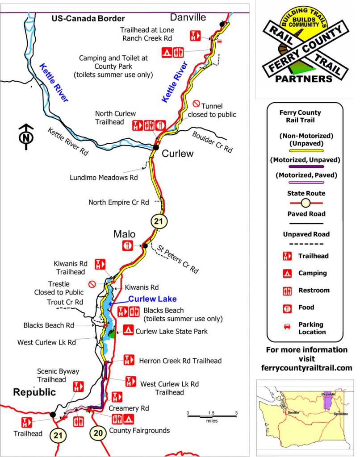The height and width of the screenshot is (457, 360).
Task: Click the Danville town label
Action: [x=188, y=17]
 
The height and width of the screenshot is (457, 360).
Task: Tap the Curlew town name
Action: [x=177, y=154]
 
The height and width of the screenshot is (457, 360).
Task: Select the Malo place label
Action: [x=124, y=234]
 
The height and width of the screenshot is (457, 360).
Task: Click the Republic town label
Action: [x=34, y=392]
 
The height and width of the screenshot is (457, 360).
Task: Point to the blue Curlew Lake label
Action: [x=152, y=299]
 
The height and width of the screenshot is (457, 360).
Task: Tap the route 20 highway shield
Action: [x=98, y=432]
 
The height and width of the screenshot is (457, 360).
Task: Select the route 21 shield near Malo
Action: [x=159, y=221]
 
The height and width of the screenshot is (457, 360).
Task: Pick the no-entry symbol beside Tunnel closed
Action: [x=196, y=104]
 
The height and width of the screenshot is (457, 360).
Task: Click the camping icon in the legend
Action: [x=284, y=273]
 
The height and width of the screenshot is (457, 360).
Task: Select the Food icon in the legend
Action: [x=284, y=307]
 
